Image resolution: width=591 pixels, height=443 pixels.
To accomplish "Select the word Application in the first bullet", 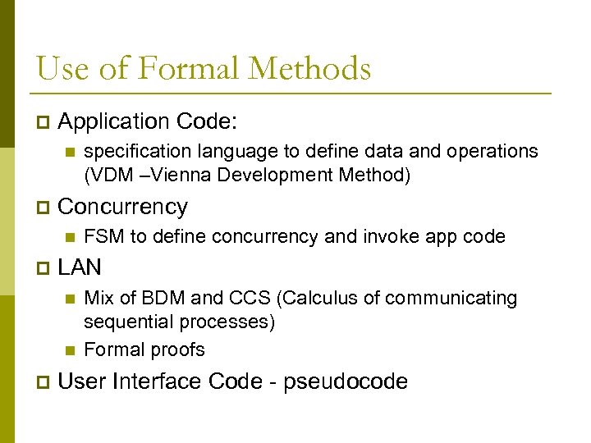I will [x=113, y=121].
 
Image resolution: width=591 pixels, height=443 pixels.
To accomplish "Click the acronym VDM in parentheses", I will [x=112, y=175].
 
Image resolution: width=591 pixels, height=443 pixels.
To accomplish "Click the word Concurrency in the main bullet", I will [x=123, y=207].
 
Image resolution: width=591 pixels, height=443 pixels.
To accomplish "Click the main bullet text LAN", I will [x=80, y=267].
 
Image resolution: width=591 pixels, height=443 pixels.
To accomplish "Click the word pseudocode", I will [x=346, y=382].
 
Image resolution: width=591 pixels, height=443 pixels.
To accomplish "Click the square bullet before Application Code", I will [x=43, y=122].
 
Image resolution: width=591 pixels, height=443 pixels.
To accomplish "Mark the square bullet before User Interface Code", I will [x=43, y=382].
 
